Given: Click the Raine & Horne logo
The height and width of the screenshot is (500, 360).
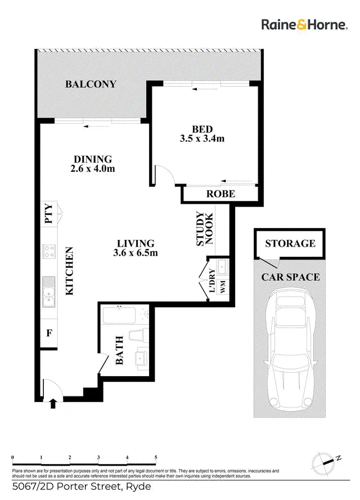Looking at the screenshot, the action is pos(304,25).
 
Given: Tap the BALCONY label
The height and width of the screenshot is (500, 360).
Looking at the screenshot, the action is pos(91,84).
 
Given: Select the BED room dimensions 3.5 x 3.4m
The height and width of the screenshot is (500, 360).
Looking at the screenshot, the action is pos(202,139).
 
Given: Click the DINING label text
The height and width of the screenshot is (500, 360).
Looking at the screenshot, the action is pos(93,159).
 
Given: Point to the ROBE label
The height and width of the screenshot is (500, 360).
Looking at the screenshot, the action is pos(220,194).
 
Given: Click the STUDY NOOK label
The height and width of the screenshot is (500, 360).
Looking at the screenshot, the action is pos(205,229).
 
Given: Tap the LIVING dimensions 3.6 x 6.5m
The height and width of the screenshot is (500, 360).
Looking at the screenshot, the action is pos(136,253).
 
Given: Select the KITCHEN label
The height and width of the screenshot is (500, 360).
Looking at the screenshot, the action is pos(69,271).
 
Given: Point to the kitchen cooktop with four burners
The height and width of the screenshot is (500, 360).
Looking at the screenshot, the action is pos(49,251).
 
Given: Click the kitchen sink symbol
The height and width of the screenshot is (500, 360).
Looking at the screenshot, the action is pos(49,292).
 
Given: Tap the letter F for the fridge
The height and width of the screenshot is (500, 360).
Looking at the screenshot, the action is pos(49,333).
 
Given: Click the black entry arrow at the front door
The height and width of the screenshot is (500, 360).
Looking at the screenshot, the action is pos(53,404).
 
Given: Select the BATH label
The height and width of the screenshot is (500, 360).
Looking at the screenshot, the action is pos(119,350).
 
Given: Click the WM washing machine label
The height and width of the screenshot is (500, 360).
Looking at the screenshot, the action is pos(223,287).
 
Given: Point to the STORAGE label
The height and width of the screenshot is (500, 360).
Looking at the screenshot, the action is pos(290,244).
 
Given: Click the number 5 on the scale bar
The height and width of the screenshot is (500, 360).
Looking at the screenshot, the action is pos(156,457).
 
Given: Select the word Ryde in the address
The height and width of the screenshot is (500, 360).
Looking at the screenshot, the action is pos(138,487).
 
